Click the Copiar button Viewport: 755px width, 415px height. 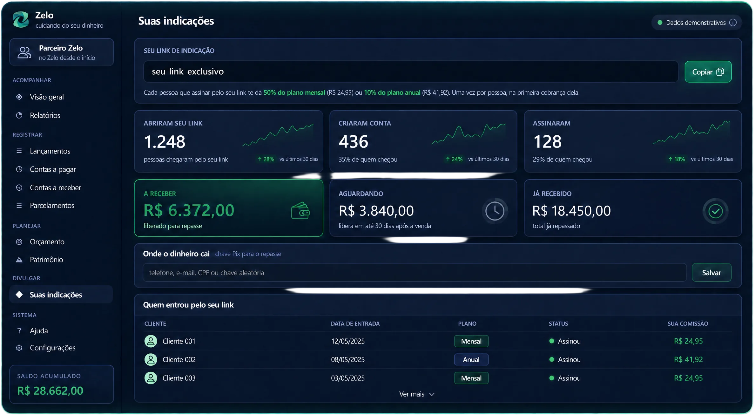708,72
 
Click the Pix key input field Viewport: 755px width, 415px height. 415,273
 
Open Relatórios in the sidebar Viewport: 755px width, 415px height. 45,115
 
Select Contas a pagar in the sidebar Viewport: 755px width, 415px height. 53,169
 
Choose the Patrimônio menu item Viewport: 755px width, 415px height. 46,260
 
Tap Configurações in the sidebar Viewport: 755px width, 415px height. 52,348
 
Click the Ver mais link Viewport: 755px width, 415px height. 417,394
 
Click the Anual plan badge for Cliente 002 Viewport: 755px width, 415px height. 471,360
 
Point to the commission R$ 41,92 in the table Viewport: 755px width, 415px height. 688,360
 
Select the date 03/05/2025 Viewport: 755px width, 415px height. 347,378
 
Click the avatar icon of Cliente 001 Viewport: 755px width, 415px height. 151,341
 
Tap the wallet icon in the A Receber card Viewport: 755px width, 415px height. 300,211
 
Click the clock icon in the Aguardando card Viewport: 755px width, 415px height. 495,211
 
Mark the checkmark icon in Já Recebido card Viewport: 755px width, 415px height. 715,211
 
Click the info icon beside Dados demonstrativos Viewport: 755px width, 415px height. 733,23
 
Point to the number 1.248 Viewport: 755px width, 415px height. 165,142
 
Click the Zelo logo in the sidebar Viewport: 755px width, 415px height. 21,19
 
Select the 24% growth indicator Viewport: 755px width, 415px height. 454,159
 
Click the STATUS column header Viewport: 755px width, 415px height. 558,324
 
